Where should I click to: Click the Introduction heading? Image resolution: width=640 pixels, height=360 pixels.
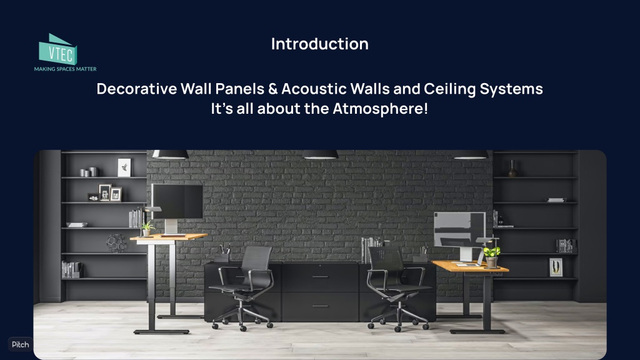(319, 44)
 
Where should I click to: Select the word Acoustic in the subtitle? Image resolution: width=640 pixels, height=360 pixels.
(309, 89)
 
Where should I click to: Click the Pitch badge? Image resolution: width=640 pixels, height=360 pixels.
(20, 344)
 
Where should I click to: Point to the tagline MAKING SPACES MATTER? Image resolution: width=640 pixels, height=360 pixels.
(65, 69)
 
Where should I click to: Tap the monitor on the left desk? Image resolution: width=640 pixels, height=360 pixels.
(177, 201)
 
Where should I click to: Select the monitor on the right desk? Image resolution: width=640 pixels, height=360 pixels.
(459, 230)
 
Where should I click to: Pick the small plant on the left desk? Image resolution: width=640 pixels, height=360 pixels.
(147, 228)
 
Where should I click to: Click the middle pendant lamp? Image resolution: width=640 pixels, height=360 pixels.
(321, 154)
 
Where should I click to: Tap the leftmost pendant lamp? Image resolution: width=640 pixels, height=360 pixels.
(170, 154)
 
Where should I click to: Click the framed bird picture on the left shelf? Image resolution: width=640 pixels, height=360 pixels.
(124, 167)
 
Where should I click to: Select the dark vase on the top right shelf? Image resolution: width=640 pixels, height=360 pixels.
(512, 168)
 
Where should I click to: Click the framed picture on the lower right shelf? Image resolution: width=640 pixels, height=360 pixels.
(556, 267)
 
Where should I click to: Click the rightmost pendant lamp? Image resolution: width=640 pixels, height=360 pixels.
(470, 154)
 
